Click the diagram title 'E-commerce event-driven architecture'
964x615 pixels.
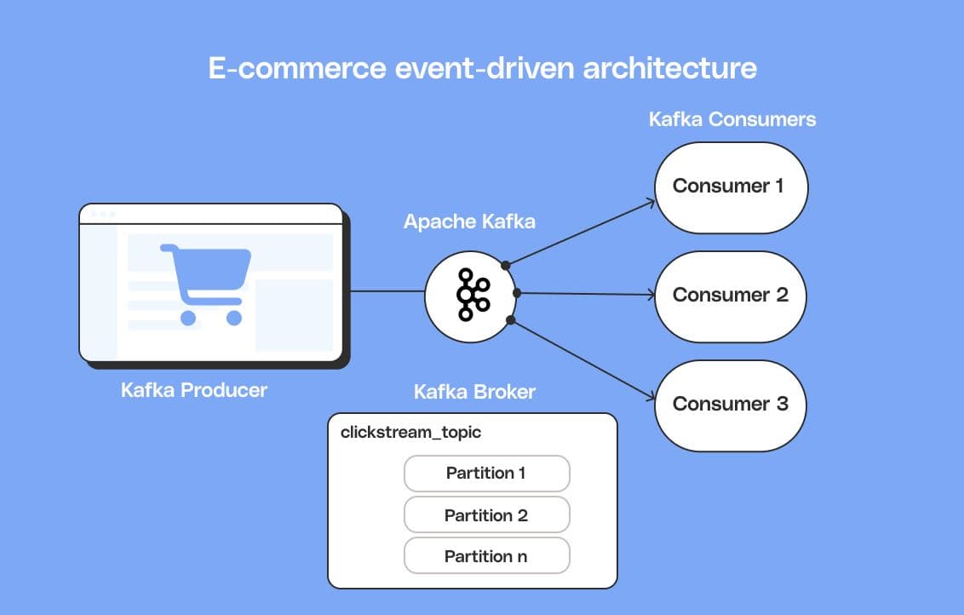[x=482, y=67]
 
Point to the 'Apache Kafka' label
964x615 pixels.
[x=469, y=221]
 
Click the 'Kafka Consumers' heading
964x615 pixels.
[x=732, y=119]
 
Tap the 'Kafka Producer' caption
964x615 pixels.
[x=194, y=390]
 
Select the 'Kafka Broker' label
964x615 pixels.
[x=474, y=392]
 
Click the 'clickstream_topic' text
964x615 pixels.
[x=410, y=432]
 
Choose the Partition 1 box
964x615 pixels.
[x=486, y=473]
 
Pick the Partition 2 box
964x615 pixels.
[x=486, y=515]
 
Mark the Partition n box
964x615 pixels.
[x=486, y=556]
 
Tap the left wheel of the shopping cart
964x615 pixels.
[x=188, y=318]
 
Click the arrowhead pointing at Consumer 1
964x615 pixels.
[x=650, y=202]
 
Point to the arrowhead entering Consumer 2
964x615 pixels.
[x=651, y=296]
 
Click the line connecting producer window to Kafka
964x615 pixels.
[x=387, y=291]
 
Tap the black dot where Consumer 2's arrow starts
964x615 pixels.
[x=517, y=293]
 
